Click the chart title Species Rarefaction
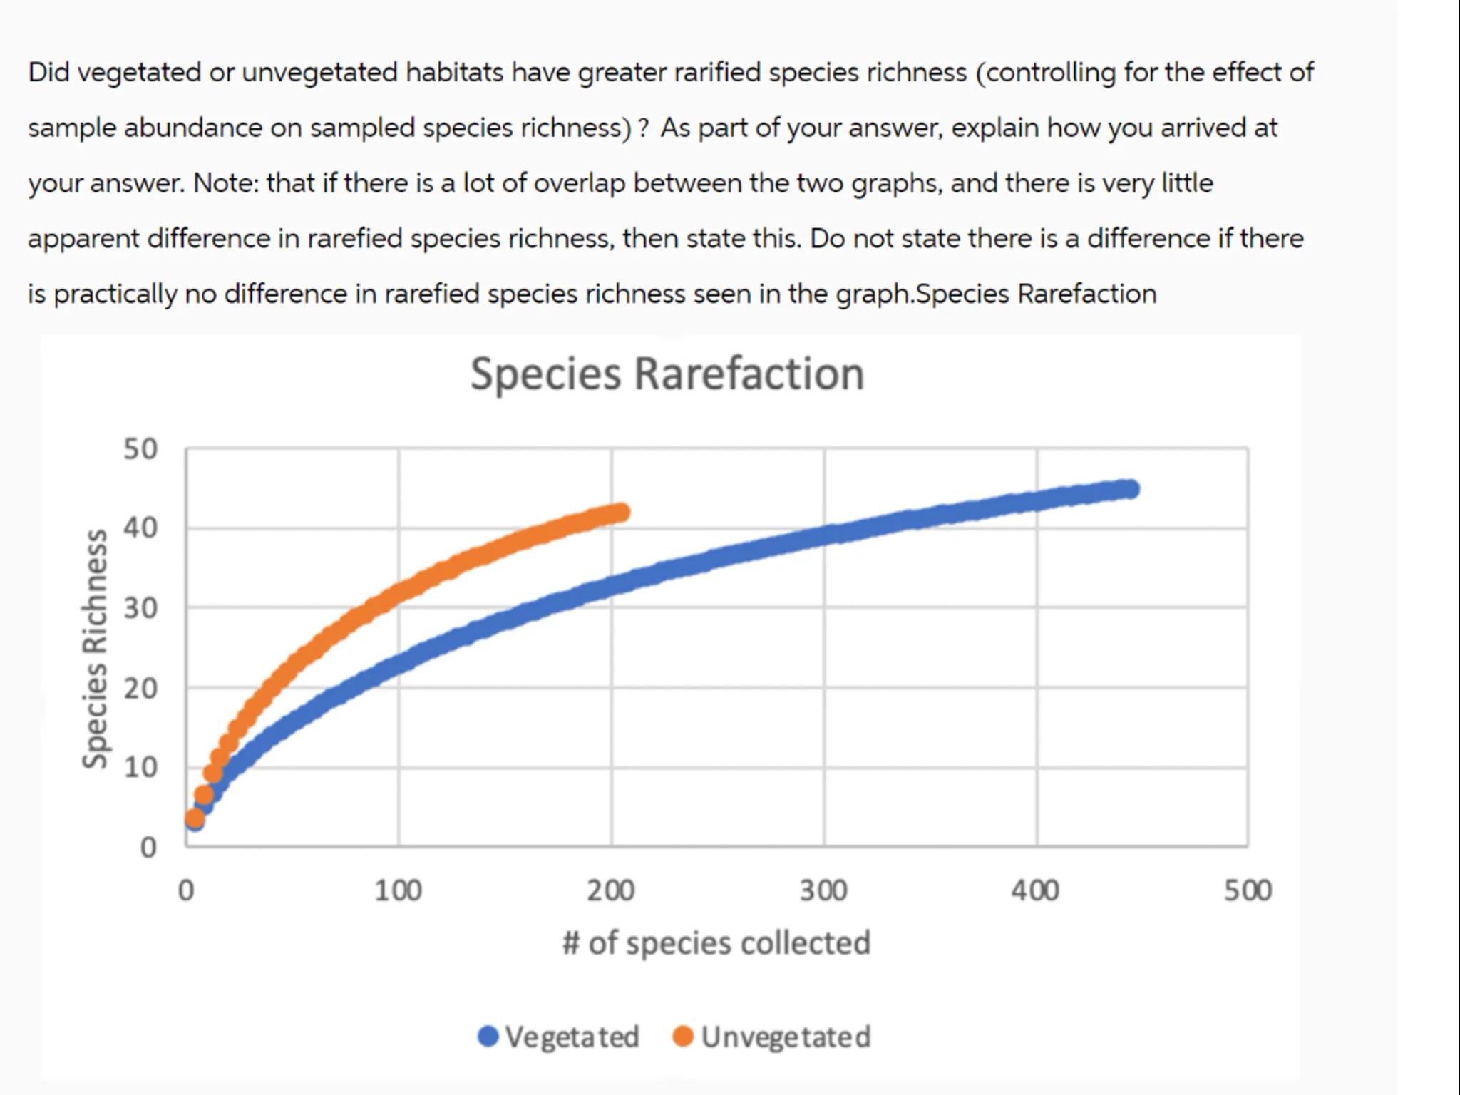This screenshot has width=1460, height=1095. pyautogui.click(x=667, y=374)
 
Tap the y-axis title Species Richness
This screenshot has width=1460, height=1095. pyautogui.click(x=95, y=649)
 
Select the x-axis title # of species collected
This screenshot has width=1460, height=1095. pyautogui.click(x=716, y=942)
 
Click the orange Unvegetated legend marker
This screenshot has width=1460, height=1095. pyautogui.click(x=683, y=1036)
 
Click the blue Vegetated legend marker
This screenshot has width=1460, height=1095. pyautogui.click(x=488, y=1036)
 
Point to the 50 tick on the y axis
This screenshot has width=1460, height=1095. pyautogui.click(x=140, y=449)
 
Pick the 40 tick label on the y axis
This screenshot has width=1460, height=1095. pyautogui.click(x=140, y=528)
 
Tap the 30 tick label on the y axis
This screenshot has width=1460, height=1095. pyautogui.click(x=140, y=608)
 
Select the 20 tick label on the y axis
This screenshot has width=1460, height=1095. pyautogui.click(x=140, y=688)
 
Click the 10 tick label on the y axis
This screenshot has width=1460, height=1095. pyautogui.click(x=140, y=767)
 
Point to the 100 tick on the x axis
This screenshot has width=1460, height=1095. pyautogui.click(x=398, y=890)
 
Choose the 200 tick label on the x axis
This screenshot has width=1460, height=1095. pyautogui.click(x=611, y=890)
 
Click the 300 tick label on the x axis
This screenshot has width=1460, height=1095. pyautogui.click(x=823, y=890)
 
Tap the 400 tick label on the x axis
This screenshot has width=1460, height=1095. pyautogui.click(x=1035, y=890)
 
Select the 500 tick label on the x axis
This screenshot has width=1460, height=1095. pyautogui.click(x=1248, y=890)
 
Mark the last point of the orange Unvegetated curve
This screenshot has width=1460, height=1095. pyautogui.click(x=621, y=512)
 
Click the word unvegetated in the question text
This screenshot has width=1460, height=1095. pyautogui.click(x=319, y=72)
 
